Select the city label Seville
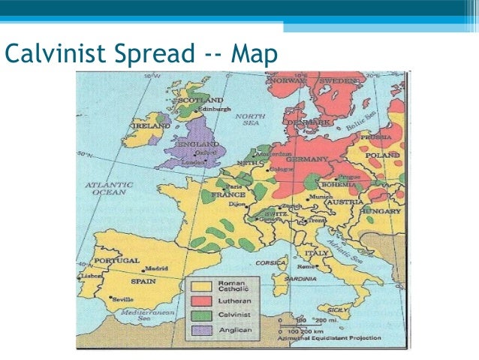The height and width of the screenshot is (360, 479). (x=123, y=298)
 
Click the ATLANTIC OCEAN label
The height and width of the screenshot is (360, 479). (x=109, y=187)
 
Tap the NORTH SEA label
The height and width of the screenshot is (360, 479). (x=247, y=120)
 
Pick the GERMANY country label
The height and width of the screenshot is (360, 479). (x=307, y=159)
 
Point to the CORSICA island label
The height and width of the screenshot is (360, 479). (x=272, y=264)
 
